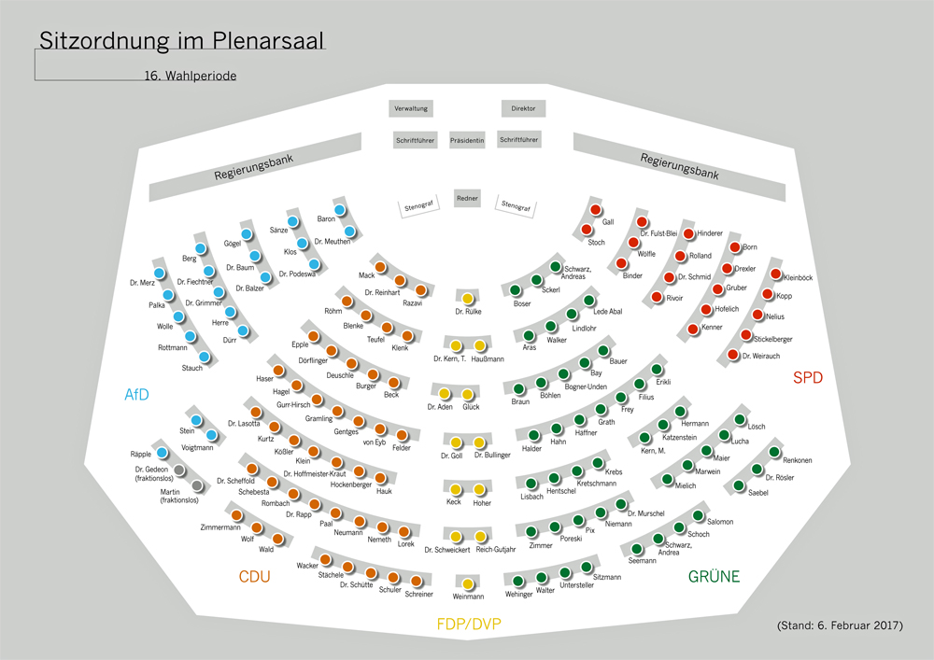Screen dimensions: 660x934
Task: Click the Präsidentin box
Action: coord(467,140)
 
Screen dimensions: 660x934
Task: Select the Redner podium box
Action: coord(467,198)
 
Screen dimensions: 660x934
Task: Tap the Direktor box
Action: coord(523,108)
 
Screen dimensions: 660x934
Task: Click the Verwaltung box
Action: coord(411,108)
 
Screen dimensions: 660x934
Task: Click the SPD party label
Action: coord(809,378)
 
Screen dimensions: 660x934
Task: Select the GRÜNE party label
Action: coord(714,577)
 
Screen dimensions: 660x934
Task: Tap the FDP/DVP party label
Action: coord(469,624)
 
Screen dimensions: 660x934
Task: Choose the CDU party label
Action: coord(254,577)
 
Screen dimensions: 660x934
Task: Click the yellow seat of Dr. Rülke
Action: coord(468,299)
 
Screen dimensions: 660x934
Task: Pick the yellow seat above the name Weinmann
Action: coord(468,584)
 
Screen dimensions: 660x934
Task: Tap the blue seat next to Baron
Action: coord(340,210)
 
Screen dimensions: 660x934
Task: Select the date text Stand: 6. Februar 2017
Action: coord(840,625)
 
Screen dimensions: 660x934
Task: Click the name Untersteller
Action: coord(576,585)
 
